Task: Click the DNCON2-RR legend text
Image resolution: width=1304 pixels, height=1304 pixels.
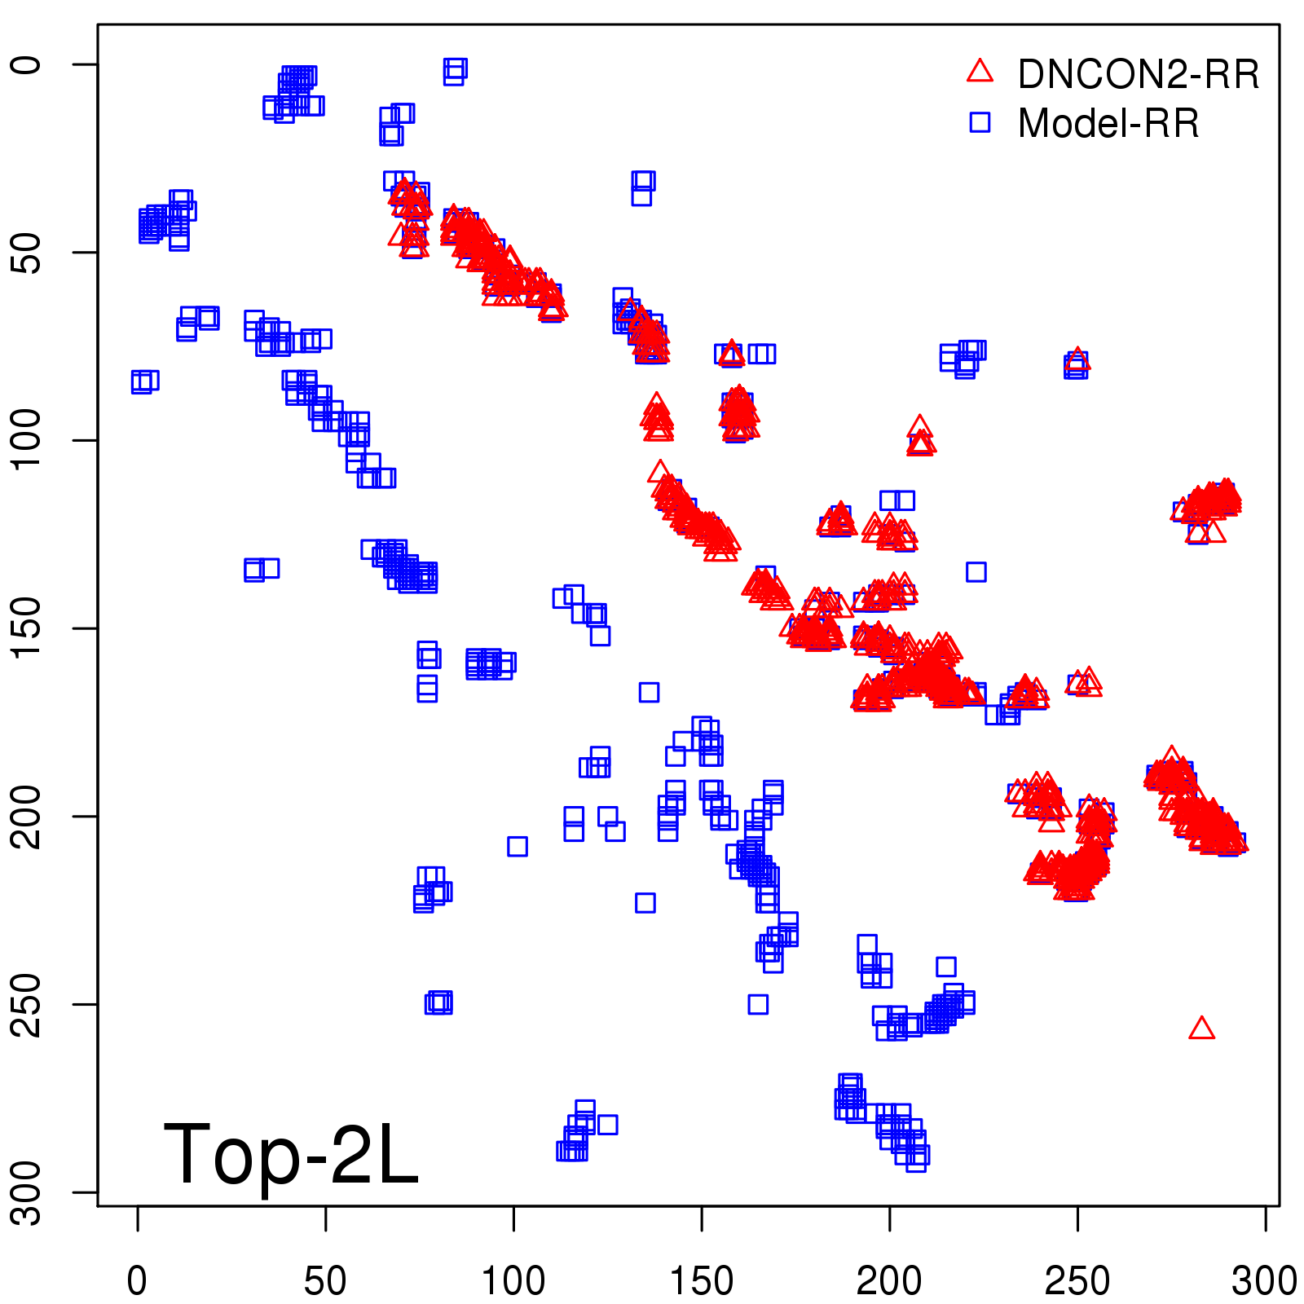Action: (x=1138, y=75)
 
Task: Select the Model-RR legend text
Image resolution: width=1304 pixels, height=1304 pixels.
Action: (x=1108, y=124)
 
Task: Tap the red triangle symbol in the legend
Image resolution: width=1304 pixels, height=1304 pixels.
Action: (x=980, y=72)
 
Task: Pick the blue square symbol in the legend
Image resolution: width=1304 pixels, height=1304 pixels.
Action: (x=980, y=122)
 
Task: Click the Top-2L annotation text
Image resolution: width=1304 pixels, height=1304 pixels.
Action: (x=291, y=1154)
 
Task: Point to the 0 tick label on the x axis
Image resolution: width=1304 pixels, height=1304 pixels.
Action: (x=137, y=1280)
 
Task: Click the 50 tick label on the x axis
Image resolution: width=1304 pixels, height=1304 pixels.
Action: (x=325, y=1280)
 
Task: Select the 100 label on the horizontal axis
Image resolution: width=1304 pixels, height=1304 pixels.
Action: (x=513, y=1280)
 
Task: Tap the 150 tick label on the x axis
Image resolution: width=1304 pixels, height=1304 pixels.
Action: (x=702, y=1280)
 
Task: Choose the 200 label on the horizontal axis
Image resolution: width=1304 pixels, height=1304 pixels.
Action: (x=889, y=1280)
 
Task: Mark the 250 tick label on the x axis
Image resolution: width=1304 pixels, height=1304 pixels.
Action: (x=1077, y=1280)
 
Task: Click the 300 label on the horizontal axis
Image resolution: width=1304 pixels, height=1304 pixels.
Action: (x=1264, y=1280)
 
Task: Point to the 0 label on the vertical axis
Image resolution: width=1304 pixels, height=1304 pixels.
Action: (x=27, y=64)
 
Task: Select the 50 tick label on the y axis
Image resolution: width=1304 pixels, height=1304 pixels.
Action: (x=27, y=253)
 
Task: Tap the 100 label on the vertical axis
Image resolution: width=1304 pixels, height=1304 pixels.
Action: (x=27, y=440)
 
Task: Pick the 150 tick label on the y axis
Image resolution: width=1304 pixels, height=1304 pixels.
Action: (x=27, y=628)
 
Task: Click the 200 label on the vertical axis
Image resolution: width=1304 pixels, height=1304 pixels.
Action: (x=27, y=816)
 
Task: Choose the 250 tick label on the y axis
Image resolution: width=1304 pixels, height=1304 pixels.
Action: (x=27, y=1004)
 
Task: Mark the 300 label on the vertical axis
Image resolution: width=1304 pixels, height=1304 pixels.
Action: (x=27, y=1192)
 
